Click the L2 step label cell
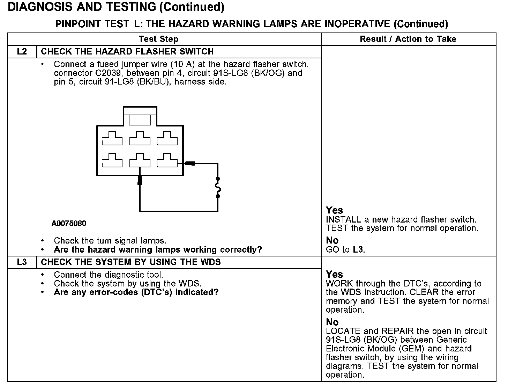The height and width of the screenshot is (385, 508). (x=22, y=52)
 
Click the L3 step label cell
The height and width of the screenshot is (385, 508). (x=22, y=262)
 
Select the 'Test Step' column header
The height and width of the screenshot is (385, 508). (x=158, y=39)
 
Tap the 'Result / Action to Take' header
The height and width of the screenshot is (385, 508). (x=408, y=39)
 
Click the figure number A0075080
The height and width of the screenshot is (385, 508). (x=69, y=224)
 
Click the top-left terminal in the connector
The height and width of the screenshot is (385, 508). (x=112, y=138)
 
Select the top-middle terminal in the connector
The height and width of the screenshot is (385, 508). (x=140, y=138)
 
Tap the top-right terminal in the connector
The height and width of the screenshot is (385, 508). (x=167, y=138)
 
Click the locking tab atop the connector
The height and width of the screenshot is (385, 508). (x=140, y=118)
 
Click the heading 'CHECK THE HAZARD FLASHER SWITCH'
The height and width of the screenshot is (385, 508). (x=127, y=52)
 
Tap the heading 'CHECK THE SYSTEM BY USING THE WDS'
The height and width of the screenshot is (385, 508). (x=131, y=262)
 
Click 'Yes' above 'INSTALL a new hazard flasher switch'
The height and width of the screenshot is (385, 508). (x=334, y=210)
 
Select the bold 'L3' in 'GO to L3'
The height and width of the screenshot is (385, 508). (x=358, y=249)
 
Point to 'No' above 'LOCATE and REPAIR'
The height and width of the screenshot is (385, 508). (x=332, y=322)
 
